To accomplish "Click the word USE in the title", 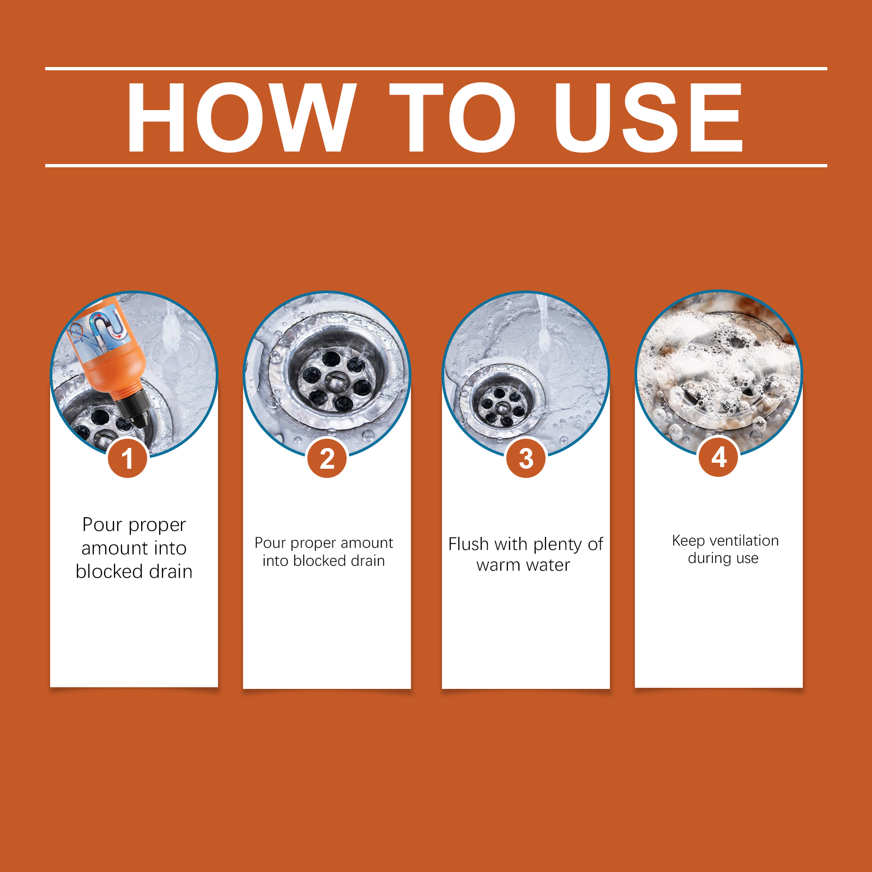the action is point(649,117).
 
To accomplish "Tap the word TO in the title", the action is point(452,117).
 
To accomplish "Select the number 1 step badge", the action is point(128,458).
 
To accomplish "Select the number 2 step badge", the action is point(327,458).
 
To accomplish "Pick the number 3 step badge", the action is point(526,458).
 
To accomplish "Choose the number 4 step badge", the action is point(719,457).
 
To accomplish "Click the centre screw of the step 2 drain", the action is point(336,382).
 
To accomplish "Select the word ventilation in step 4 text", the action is point(744,541).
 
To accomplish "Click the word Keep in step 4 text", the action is point(688,541).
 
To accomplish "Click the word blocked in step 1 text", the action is point(110,571).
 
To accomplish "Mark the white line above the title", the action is point(436,69).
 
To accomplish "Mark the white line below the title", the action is point(436,165).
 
